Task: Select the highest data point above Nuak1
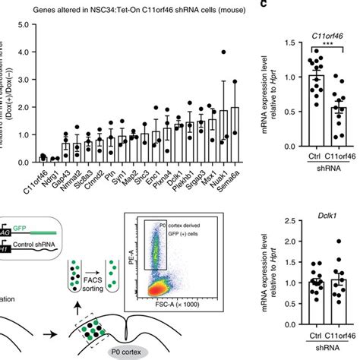pyautogui.click(x=223, y=52)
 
